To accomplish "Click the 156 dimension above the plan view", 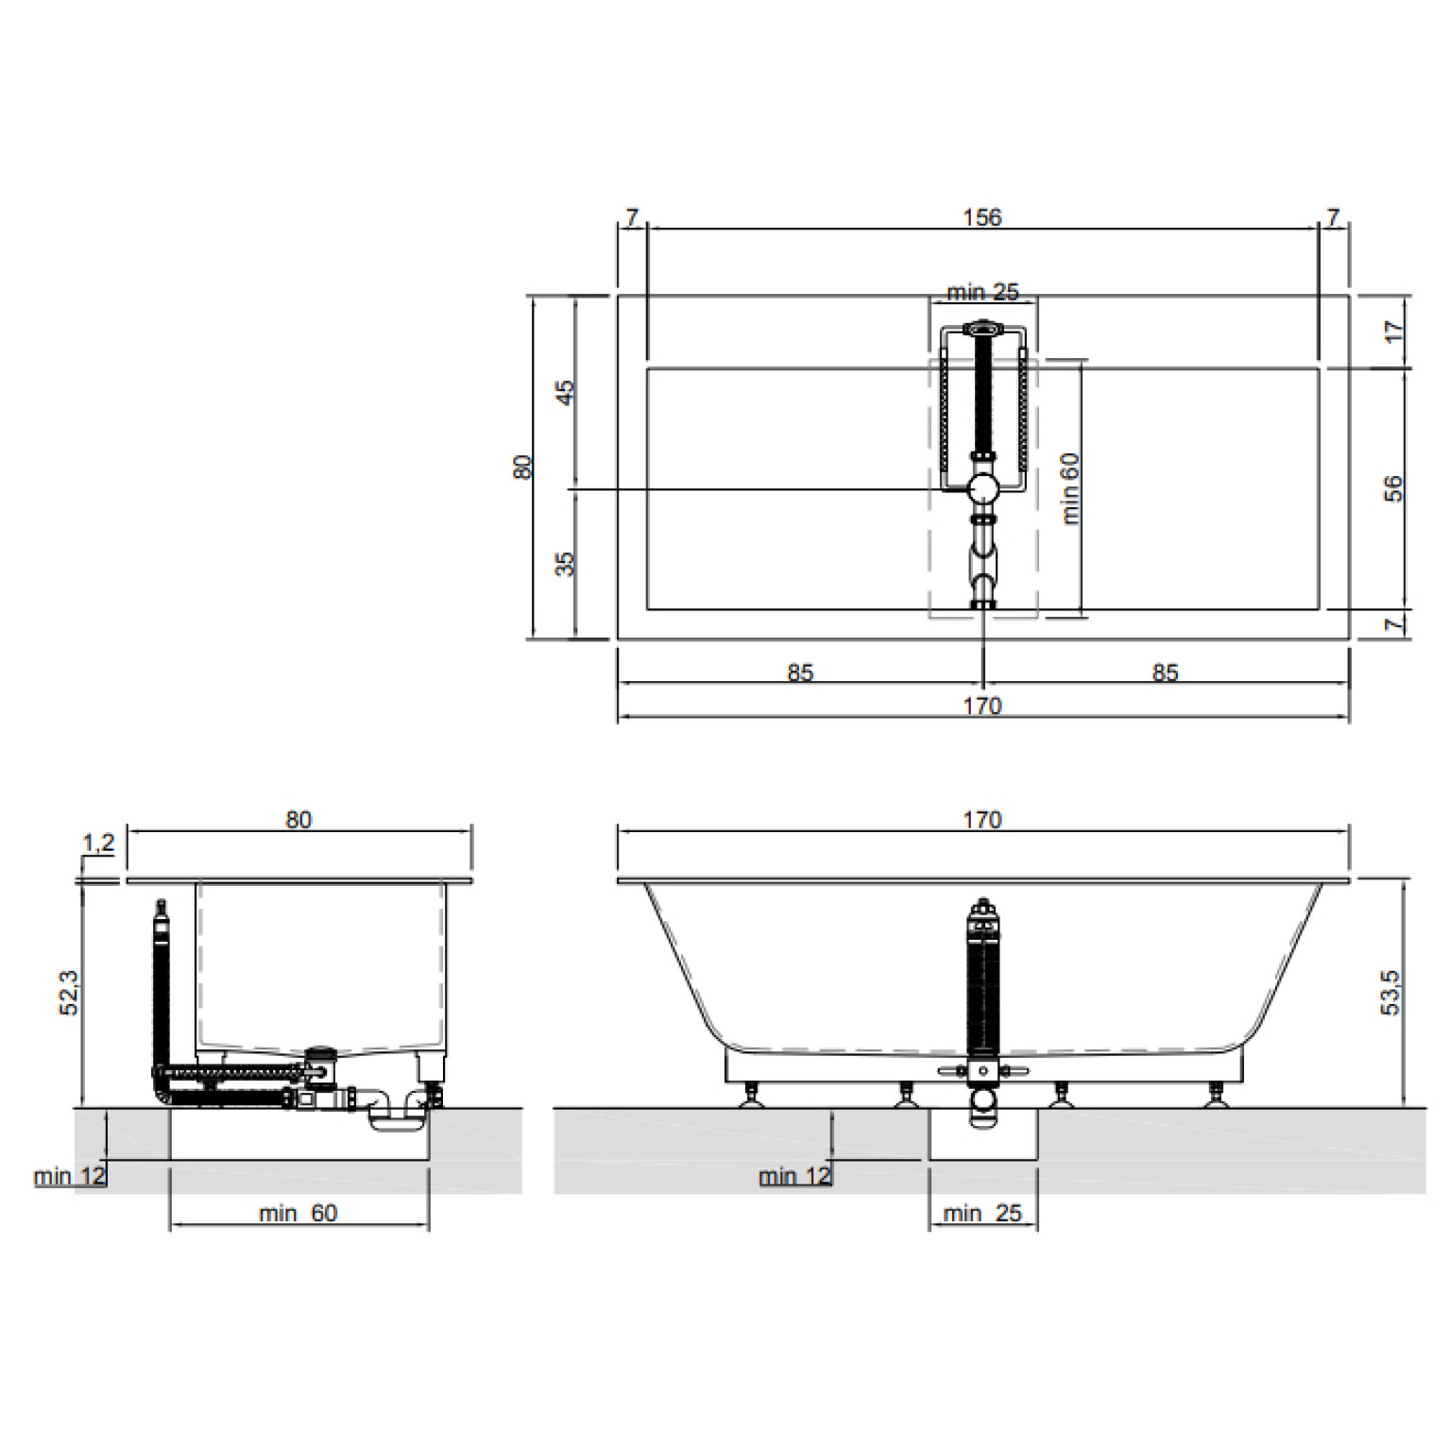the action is pos(981,217).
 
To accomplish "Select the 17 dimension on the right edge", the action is pos(1393,332).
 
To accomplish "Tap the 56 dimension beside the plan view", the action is pos(1393,488).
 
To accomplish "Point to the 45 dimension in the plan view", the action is pos(564,392).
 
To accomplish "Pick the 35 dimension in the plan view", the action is pos(564,564).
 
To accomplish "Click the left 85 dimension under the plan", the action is pos(800,673).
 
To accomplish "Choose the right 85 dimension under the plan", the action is pos(1165,673).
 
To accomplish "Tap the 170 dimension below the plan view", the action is pos(981,706).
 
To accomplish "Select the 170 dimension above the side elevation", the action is pos(981,820).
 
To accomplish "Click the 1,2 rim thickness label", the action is pos(98,843).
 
